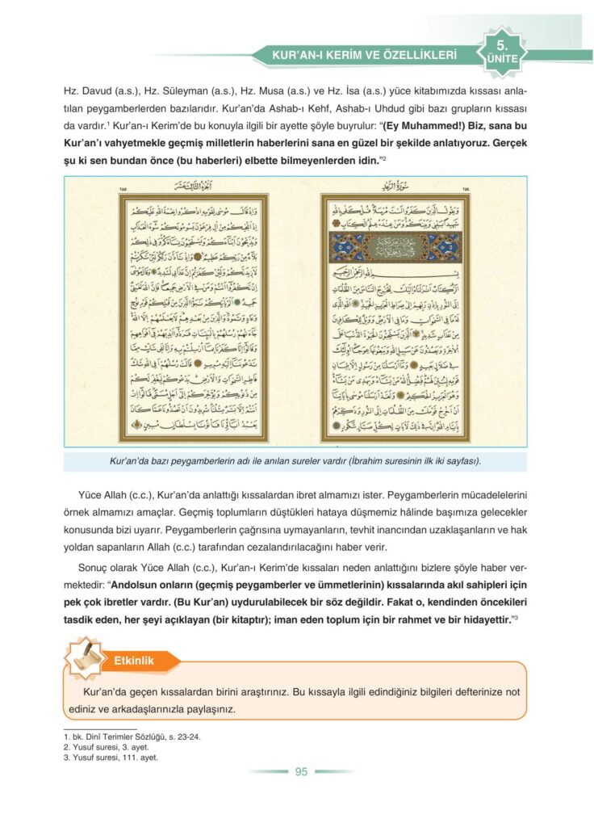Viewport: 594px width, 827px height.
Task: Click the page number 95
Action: pyautogui.click(x=301, y=771)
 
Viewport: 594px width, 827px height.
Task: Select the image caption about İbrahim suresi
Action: pyautogui.click(x=295, y=461)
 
